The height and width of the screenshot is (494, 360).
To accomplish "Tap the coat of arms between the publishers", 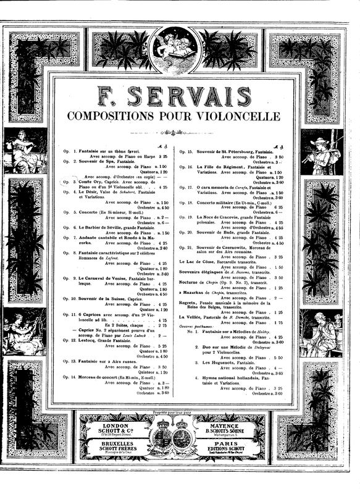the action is (180, 432).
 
